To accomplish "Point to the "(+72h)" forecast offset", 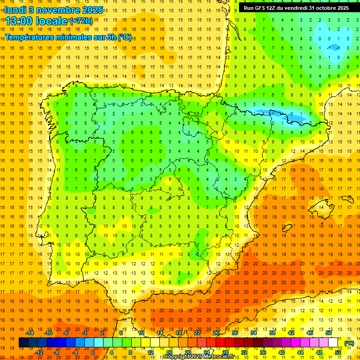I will (81, 21).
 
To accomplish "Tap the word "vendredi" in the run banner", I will (297, 8).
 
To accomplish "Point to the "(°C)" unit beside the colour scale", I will (349, 343).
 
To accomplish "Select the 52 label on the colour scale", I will (337, 352).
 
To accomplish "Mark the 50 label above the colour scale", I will (329, 333).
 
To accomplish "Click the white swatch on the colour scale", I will (333, 343).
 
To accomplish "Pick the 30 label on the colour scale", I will (234, 333).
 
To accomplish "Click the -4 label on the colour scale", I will (75, 352).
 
